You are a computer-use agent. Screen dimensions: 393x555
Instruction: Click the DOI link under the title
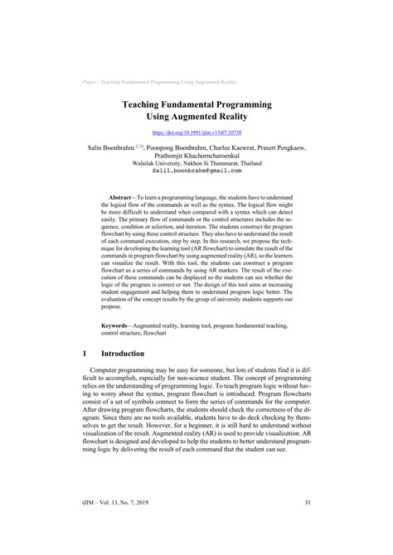click(196, 132)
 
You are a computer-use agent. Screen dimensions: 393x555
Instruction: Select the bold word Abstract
click(124, 200)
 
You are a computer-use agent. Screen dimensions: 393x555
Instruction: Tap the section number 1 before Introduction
click(85, 353)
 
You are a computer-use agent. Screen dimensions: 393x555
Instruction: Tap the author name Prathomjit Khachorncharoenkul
click(196, 155)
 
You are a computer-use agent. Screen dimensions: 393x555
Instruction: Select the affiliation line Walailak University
click(196, 162)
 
